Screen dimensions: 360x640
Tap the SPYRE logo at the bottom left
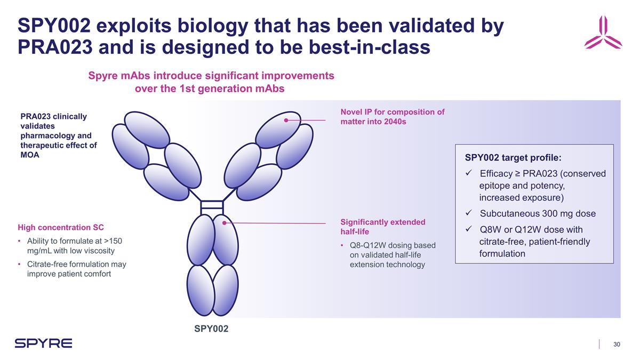(43, 343)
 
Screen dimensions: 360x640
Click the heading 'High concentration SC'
(61, 228)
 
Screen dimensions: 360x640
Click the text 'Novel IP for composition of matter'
(392, 116)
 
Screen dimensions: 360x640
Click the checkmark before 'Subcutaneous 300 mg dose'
(468, 214)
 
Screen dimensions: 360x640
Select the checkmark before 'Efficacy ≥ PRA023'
(468, 174)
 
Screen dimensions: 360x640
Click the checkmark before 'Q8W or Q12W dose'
(468, 230)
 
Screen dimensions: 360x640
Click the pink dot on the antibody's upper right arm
(286, 121)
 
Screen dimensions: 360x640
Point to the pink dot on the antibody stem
(225, 223)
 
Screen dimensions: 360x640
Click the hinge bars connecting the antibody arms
(211, 205)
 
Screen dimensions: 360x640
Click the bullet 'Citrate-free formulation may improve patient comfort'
(76, 269)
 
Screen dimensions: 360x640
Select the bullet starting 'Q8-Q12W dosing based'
(392, 254)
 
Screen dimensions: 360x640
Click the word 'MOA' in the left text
(30, 155)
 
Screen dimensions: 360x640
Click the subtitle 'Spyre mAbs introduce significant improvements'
(211, 76)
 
